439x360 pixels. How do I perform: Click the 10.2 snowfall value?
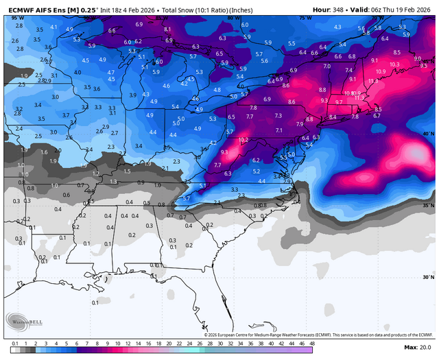(x=243, y=140)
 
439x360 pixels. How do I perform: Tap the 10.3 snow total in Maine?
(x=394, y=64)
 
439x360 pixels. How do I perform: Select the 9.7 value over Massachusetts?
(x=339, y=101)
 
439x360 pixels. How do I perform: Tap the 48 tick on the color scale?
(x=312, y=341)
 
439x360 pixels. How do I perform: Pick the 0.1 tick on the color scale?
(x=15, y=341)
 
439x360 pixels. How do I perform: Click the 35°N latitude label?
(x=429, y=206)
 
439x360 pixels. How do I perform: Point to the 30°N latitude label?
(x=429, y=278)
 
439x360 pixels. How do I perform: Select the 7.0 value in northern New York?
(x=327, y=67)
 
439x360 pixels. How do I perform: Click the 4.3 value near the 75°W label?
(x=337, y=27)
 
